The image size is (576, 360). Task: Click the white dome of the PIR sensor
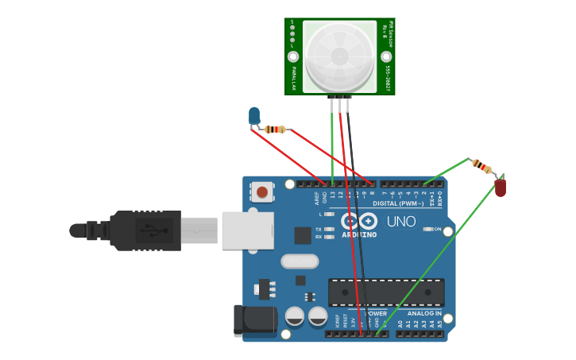(x=339, y=56)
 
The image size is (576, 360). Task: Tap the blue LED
(x=254, y=116)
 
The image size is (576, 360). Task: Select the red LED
(x=501, y=188)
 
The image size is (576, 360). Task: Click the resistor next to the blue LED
(x=276, y=129)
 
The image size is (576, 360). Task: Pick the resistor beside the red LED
(x=481, y=166)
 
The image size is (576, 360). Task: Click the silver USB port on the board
(x=247, y=230)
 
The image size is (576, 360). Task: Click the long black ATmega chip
(x=386, y=292)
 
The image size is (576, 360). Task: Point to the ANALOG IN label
(x=424, y=314)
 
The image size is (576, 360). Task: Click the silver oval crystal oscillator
(x=300, y=261)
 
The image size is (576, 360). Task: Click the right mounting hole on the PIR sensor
(x=385, y=56)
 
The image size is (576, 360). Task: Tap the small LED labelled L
(x=329, y=215)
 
